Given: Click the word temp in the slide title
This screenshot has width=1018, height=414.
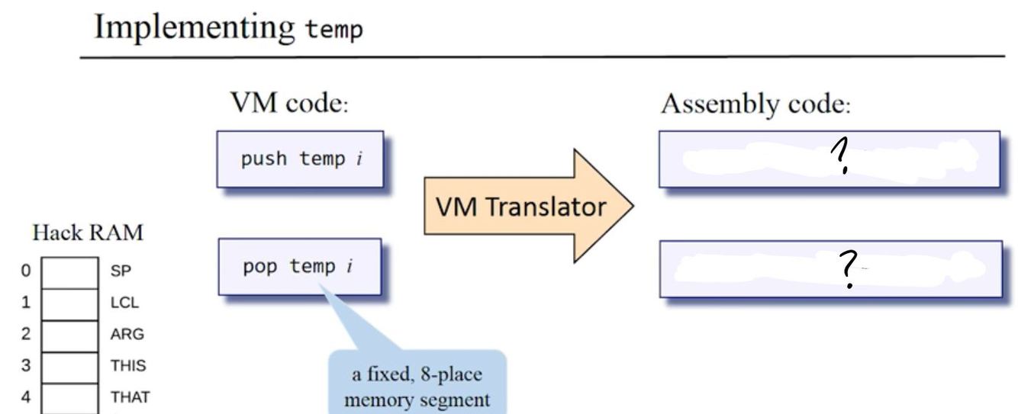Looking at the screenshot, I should (333, 30).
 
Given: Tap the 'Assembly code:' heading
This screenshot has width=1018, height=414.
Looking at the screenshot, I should (755, 104).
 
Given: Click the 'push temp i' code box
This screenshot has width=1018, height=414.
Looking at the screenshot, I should (299, 159).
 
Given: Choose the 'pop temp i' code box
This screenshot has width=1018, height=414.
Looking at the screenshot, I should (298, 267).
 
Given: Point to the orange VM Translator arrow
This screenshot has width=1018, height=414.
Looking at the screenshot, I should (527, 206).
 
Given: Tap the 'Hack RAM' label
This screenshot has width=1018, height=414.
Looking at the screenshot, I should (87, 234).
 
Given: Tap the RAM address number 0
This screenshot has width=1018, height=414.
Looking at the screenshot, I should (26, 271).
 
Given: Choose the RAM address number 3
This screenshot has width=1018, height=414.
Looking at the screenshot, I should (26, 365).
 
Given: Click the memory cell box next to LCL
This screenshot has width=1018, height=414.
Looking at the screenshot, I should (69, 303).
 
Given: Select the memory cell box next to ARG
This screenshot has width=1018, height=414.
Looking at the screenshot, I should (69, 334).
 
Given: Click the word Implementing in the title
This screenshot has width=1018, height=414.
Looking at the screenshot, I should (195, 28).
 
